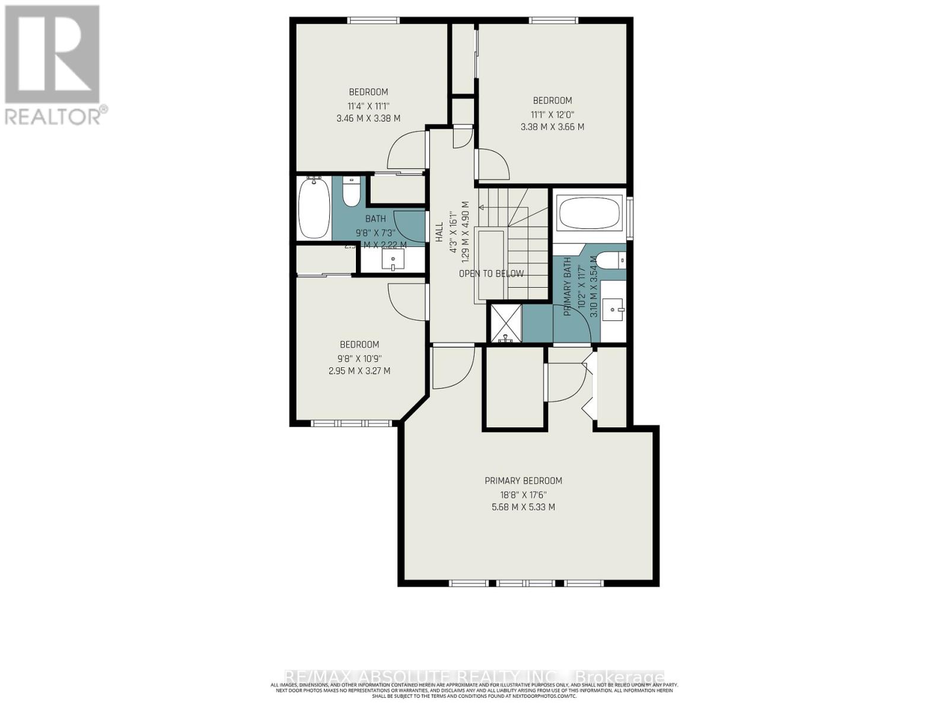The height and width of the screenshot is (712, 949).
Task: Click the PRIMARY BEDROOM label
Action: pyautogui.click(x=523, y=481)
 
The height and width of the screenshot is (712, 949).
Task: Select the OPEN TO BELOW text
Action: pyautogui.click(x=491, y=274)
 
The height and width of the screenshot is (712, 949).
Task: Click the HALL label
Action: pyautogui.click(x=440, y=231)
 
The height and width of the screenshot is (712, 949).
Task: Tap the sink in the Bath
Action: pyautogui.click(x=393, y=259)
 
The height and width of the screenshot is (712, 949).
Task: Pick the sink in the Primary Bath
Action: pyautogui.click(x=613, y=309)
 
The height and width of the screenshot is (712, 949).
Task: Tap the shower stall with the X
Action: pyautogui.click(x=505, y=322)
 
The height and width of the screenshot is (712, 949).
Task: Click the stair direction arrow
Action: pyautogui.click(x=482, y=208)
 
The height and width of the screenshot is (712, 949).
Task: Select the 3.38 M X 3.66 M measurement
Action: pyautogui.click(x=552, y=126)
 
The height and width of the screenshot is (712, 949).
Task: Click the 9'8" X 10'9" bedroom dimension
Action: pyautogui.click(x=359, y=358)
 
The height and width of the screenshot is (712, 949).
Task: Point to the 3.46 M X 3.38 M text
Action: pyautogui.click(x=368, y=118)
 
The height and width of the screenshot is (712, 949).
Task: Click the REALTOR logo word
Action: pyautogui.click(x=53, y=115)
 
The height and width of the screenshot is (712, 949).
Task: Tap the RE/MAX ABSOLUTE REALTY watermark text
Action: pyautogui.click(x=474, y=677)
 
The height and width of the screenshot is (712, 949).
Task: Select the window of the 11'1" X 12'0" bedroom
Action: pyautogui.click(x=554, y=20)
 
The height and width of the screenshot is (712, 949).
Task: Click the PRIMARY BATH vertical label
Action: pyautogui.click(x=567, y=286)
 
